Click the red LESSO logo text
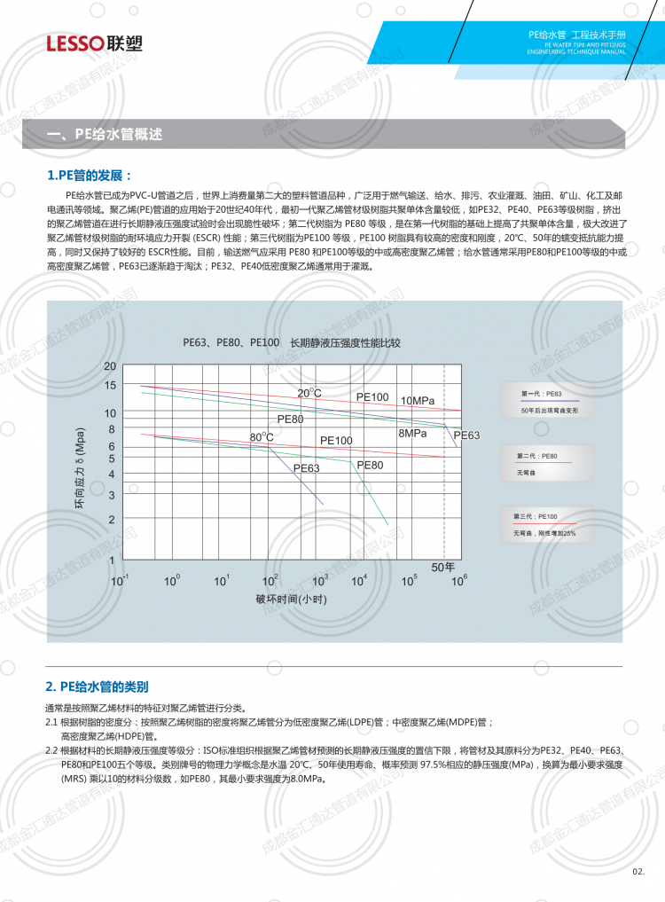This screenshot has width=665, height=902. [x=74, y=43]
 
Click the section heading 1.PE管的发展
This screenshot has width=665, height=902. [x=90, y=175]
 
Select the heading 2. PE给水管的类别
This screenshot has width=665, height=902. [x=97, y=686]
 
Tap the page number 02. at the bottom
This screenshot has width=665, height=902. [x=638, y=872]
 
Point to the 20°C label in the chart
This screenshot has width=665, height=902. [x=309, y=393]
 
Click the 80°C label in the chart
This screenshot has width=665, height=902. [x=261, y=437]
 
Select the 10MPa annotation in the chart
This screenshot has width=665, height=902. [x=417, y=401]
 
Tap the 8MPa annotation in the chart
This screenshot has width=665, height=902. [x=412, y=433]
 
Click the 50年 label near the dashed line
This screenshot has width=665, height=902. [x=442, y=566]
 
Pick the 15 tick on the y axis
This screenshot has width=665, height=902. [x=110, y=385]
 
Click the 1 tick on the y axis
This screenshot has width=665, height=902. [x=112, y=561]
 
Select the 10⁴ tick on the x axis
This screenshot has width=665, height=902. [x=359, y=580]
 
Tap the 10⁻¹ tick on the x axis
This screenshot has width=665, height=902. [x=119, y=580]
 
